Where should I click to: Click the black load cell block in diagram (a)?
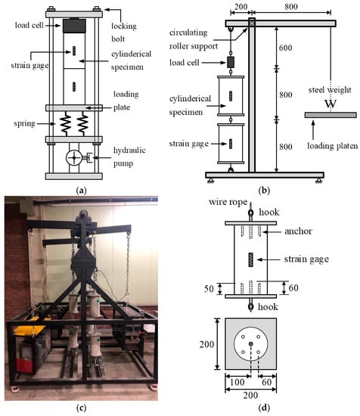74,26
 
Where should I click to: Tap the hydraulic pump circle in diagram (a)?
74,158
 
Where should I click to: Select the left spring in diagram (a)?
65,124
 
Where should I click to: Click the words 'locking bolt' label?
124,33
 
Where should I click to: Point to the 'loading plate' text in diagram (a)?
126,101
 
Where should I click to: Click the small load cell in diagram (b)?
231,62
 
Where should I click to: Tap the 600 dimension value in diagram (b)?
285,48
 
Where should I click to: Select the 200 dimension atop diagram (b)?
241,7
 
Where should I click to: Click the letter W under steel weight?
331,104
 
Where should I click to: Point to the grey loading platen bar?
331,115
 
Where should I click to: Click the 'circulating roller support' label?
194,39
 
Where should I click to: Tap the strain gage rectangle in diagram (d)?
250,259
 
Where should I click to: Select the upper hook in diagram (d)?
250,213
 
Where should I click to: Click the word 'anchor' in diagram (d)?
298,231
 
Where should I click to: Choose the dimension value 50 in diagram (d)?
209,289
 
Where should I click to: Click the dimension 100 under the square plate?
237,382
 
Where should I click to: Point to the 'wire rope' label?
228,202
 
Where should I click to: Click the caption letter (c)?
81,408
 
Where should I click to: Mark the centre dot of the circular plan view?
250,344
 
